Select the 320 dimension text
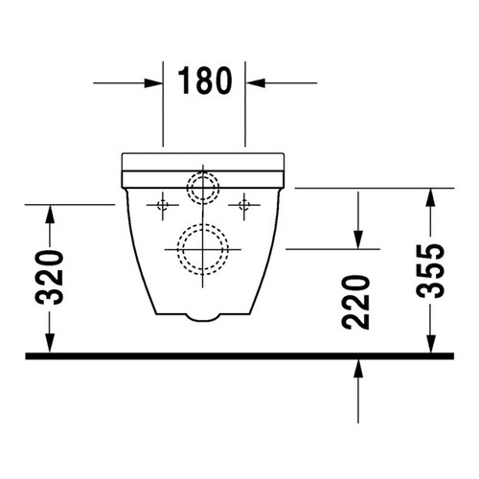(50, 278)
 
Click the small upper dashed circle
(202, 186)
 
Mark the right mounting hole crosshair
(245, 203)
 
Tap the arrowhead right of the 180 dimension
(256, 83)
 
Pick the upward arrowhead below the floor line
(357, 369)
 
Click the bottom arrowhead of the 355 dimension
(431, 344)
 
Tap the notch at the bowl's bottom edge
(203, 316)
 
